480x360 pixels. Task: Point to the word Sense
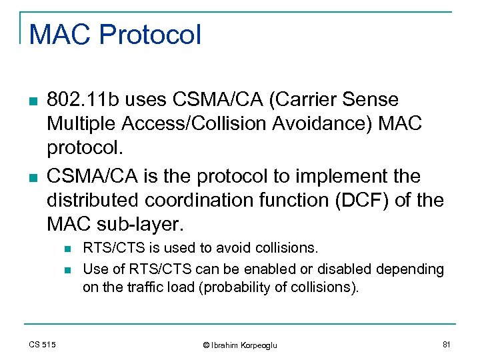coord(374,100)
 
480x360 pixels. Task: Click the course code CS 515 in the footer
coord(43,344)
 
